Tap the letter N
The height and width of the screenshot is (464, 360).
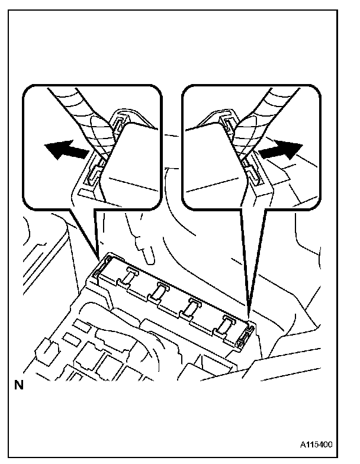point(19,385)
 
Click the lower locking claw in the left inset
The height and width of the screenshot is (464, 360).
point(93,173)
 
